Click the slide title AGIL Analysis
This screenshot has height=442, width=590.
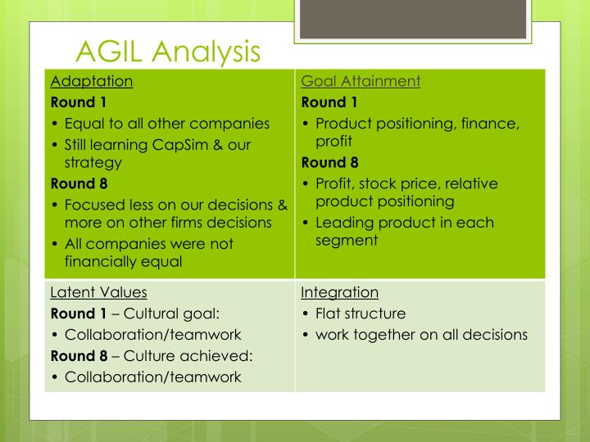pyautogui.click(x=167, y=52)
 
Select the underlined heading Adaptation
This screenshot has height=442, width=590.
pyautogui.click(x=92, y=81)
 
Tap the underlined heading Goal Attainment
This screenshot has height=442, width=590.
pyautogui.click(x=361, y=81)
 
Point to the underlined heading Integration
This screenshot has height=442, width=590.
pyautogui.click(x=339, y=292)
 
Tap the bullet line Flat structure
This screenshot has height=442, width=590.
pyautogui.click(x=361, y=313)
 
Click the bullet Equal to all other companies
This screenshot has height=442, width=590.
pyautogui.click(x=167, y=124)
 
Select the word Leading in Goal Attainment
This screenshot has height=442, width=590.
pyautogui.click(x=345, y=222)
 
